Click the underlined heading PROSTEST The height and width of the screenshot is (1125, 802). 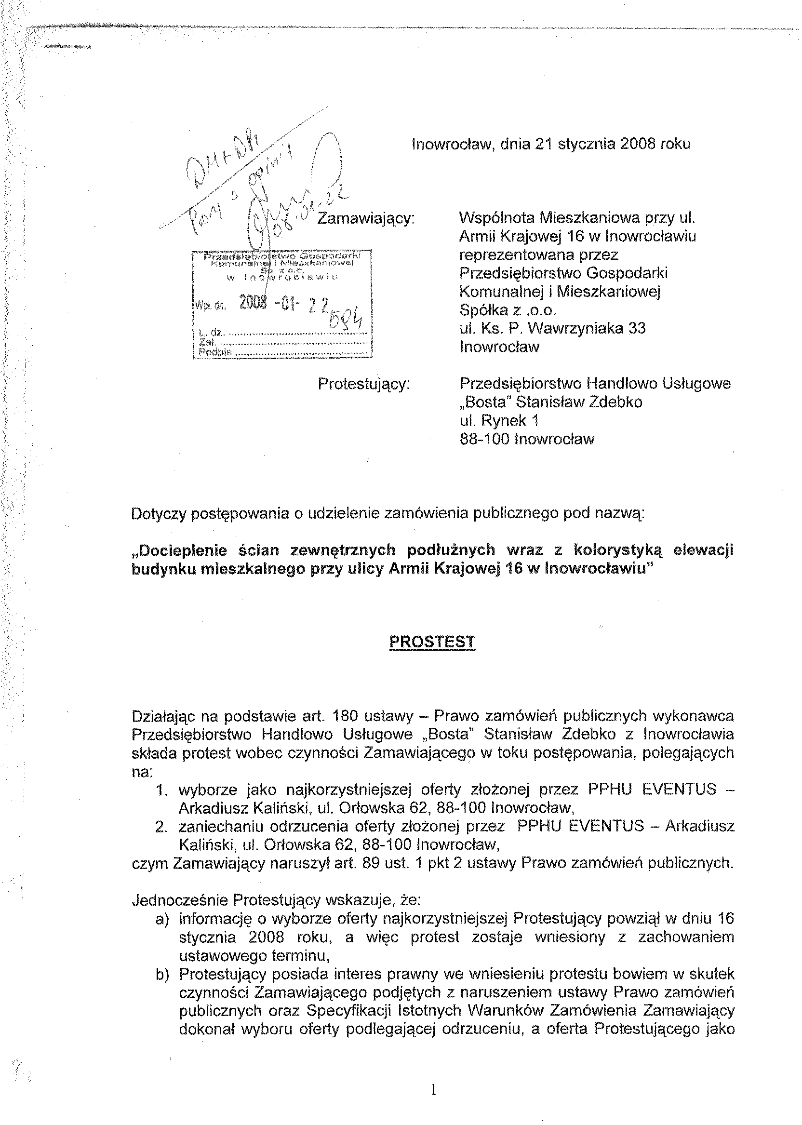432,642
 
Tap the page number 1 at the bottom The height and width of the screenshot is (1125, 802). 433,1089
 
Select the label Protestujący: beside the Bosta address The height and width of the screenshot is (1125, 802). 364,384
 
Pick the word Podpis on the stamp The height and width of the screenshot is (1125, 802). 215,352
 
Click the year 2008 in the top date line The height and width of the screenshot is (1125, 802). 641,144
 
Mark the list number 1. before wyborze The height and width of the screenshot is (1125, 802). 163,790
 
